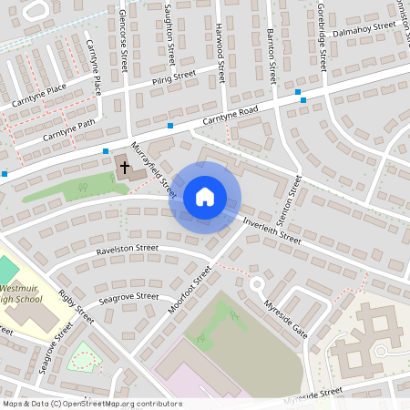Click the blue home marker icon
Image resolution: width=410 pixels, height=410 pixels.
[x=205, y=196]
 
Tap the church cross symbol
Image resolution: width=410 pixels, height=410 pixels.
[x=124, y=168]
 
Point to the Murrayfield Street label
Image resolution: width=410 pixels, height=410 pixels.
[x=152, y=169]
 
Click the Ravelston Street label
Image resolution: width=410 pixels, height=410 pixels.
[x=128, y=248]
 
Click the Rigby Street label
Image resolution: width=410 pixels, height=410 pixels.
[x=76, y=308]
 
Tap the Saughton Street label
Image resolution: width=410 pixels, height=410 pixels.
[x=170, y=35]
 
